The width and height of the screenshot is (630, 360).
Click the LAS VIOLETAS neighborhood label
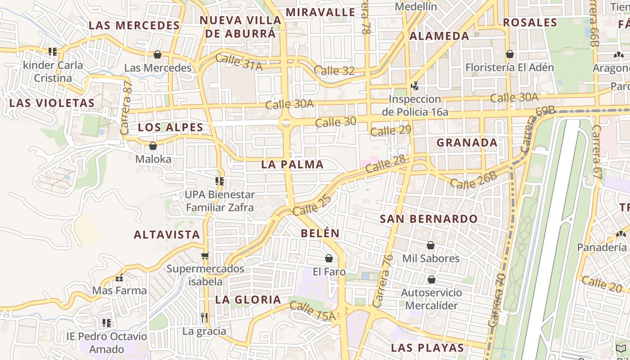coord(52,103)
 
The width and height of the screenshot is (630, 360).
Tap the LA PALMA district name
coord(292,165)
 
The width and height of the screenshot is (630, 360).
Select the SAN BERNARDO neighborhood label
coord(429,219)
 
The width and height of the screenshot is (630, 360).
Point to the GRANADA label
coord(467,143)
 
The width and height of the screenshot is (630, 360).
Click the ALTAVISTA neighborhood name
coord(167,234)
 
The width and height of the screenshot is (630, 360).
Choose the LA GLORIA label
coord(248,300)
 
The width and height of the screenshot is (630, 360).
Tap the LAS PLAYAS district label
coord(427,348)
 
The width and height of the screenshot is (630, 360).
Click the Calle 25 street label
coord(312,204)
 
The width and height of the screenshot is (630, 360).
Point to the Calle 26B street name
coord(473,180)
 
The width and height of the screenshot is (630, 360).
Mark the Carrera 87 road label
coord(126,108)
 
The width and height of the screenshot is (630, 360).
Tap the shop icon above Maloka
coord(153,146)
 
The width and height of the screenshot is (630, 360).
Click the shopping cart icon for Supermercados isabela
coord(205,256)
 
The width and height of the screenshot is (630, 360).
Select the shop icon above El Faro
coord(329,258)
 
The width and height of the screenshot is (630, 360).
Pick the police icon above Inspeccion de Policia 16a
coord(415,85)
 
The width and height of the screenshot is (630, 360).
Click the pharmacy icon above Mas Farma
coord(119,278)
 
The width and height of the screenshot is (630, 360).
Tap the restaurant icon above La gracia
coord(204,317)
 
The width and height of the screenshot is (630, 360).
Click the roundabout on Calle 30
coord(286,123)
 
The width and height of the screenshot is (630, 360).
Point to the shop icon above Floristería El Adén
coord(510,54)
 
